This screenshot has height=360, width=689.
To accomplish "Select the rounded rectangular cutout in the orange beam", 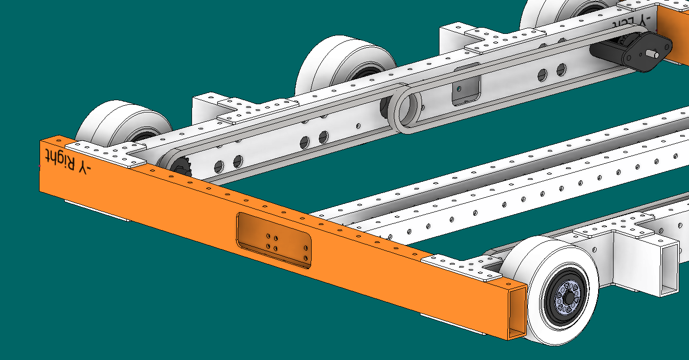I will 273,241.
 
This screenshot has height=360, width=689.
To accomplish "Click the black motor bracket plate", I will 647,51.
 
